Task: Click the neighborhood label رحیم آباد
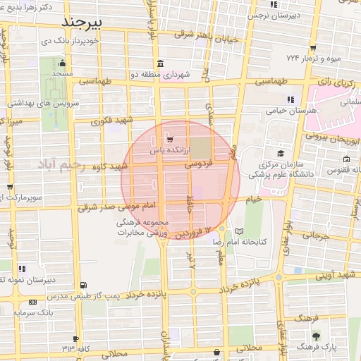click(x=62, y=164)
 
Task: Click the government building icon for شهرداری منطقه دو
click(x=161, y=63)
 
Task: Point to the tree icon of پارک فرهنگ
click(x=315, y=336)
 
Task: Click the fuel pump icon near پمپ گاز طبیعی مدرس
click(x=85, y=285)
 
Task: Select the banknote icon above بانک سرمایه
click(x=32, y=302)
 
